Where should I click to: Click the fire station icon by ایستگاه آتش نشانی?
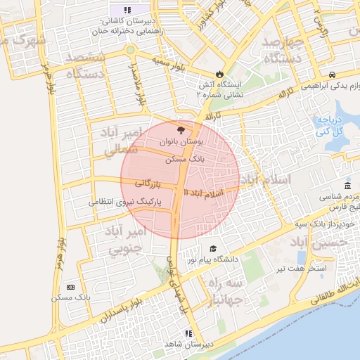[x=219, y=74]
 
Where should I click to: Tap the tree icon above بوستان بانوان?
[x=181, y=130]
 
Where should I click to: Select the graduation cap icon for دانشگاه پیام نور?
[x=213, y=249]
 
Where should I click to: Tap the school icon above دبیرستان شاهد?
[x=188, y=333]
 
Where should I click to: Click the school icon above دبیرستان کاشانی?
[x=127, y=10]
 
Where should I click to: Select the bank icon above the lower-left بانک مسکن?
[x=70, y=287]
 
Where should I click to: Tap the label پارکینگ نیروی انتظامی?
[x=125, y=202]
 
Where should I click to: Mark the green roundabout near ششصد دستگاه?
[x=129, y=50]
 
